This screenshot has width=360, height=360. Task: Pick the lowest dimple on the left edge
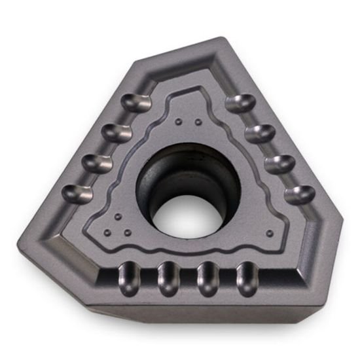tap(78, 191)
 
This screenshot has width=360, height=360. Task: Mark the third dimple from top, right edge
tap(278, 162)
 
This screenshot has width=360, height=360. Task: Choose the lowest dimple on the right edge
tap(298, 192)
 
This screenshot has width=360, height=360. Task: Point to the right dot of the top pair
tap(196, 122)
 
